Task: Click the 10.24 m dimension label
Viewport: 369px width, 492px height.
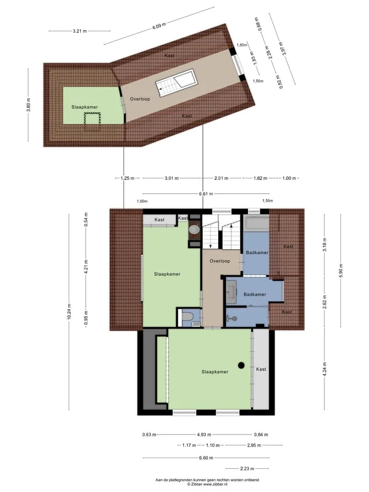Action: [69, 312]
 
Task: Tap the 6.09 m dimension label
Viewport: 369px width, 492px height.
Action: [159, 26]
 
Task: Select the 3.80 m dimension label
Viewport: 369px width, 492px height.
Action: [29, 105]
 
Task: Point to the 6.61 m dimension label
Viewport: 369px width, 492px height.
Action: [206, 194]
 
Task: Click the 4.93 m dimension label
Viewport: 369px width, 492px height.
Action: [204, 435]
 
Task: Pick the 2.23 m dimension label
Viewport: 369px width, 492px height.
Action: [247, 468]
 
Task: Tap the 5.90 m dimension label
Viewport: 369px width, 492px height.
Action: [341, 270]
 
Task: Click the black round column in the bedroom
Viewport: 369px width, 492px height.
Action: [241, 365]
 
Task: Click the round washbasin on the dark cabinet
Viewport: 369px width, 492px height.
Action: [195, 229]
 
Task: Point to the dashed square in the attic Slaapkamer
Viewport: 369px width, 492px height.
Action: [92, 122]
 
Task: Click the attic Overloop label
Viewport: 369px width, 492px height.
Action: [140, 99]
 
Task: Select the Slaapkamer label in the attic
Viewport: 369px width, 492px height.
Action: [85, 107]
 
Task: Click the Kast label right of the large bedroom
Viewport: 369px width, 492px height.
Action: [261, 369]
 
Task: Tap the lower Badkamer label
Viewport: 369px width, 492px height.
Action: [255, 294]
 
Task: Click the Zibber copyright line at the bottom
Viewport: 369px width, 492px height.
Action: [208, 484]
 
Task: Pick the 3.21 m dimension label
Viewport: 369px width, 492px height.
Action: [80, 31]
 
